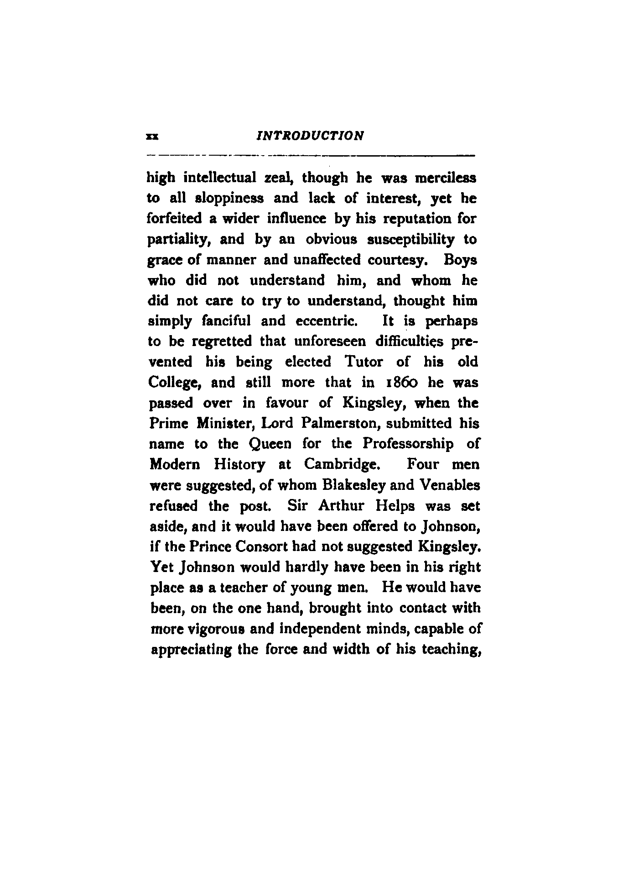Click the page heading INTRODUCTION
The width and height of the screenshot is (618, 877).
(310, 136)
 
